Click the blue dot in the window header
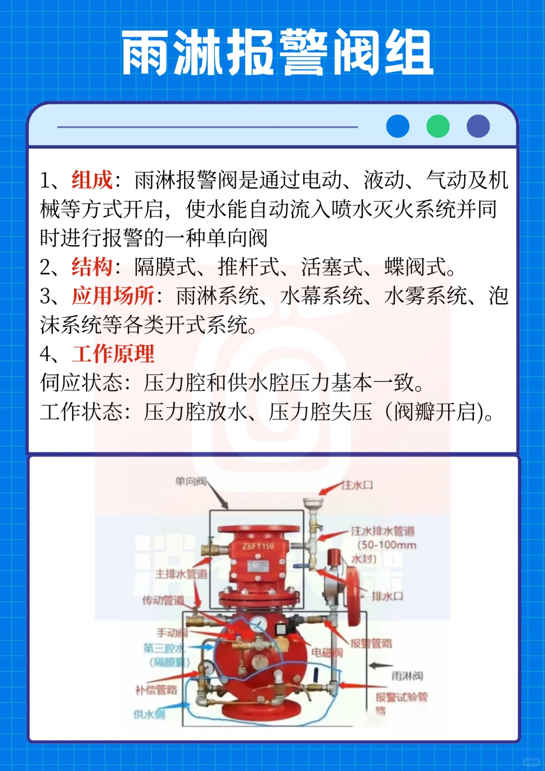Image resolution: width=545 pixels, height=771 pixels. [398, 126]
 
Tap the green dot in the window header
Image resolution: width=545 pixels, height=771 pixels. [438, 126]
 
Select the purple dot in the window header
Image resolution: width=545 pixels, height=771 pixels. [478, 126]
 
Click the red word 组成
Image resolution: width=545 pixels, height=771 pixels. [92, 180]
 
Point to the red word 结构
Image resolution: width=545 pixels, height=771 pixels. [92, 267]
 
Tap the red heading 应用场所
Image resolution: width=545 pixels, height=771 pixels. [113, 296]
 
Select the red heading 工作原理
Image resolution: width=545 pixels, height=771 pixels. [113, 354]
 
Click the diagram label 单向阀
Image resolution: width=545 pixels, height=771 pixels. [191, 481]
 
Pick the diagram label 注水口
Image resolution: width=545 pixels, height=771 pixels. [357, 485]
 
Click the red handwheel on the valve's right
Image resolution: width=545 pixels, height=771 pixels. [353, 590]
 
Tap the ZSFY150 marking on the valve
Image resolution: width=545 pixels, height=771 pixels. [258, 546]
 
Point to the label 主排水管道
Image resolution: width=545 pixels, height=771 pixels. [181, 574]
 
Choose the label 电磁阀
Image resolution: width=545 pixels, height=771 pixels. [327, 652]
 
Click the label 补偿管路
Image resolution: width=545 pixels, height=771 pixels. [156, 690]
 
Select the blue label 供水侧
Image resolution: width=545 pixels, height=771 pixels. [149, 714]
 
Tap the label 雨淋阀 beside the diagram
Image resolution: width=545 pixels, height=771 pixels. [407, 676]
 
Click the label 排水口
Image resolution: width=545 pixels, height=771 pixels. [388, 596]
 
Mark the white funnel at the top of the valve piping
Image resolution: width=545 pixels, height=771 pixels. [313, 503]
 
